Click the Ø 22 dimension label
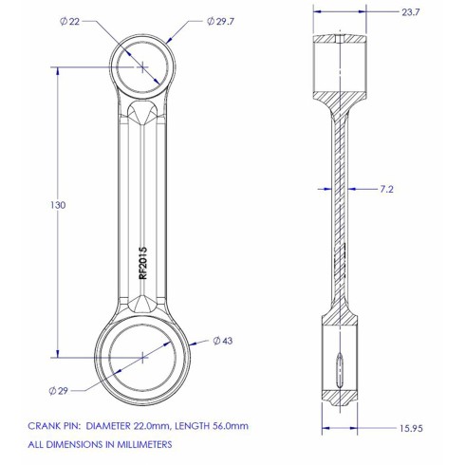pyautogui.click(x=69, y=22)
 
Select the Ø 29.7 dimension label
pyautogui.click(x=220, y=21)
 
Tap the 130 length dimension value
pyautogui.click(x=58, y=205)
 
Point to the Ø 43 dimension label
pyautogui.click(x=222, y=341)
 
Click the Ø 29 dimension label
pyautogui.click(x=59, y=391)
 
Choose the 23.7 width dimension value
pyautogui.click(x=411, y=12)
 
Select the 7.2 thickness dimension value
pyautogui.click(x=386, y=189)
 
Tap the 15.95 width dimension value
pyautogui.click(x=411, y=428)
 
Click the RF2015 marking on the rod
pyautogui.click(x=143, y=263)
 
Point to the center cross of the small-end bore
pyautogui.click(x=142, y=67)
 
